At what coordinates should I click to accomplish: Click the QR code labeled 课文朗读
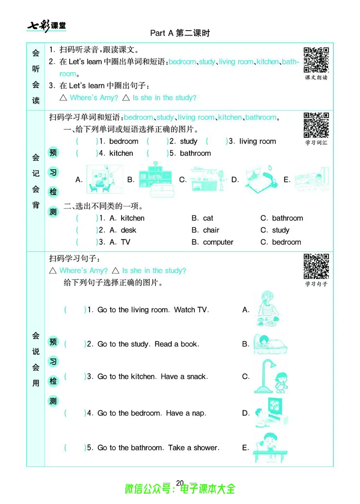click(316, 59)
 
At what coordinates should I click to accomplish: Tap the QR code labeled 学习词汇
click(316, 125)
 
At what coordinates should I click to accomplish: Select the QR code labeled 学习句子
click(316, 266)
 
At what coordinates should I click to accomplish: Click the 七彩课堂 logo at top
click(46, 26)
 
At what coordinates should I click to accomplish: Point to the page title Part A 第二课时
click(180, 33)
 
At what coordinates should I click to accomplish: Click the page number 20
click(180, 483)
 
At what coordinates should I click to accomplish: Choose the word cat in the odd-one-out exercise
click(208, 218)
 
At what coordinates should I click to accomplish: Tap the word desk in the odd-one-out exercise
click(128, 230)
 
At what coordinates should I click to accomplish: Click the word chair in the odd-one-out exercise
click(211, 230)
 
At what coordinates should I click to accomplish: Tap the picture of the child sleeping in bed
click(270, 344)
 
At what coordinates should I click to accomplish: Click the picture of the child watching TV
click(270, 413)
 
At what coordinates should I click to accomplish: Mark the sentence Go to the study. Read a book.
click(148, 344)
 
